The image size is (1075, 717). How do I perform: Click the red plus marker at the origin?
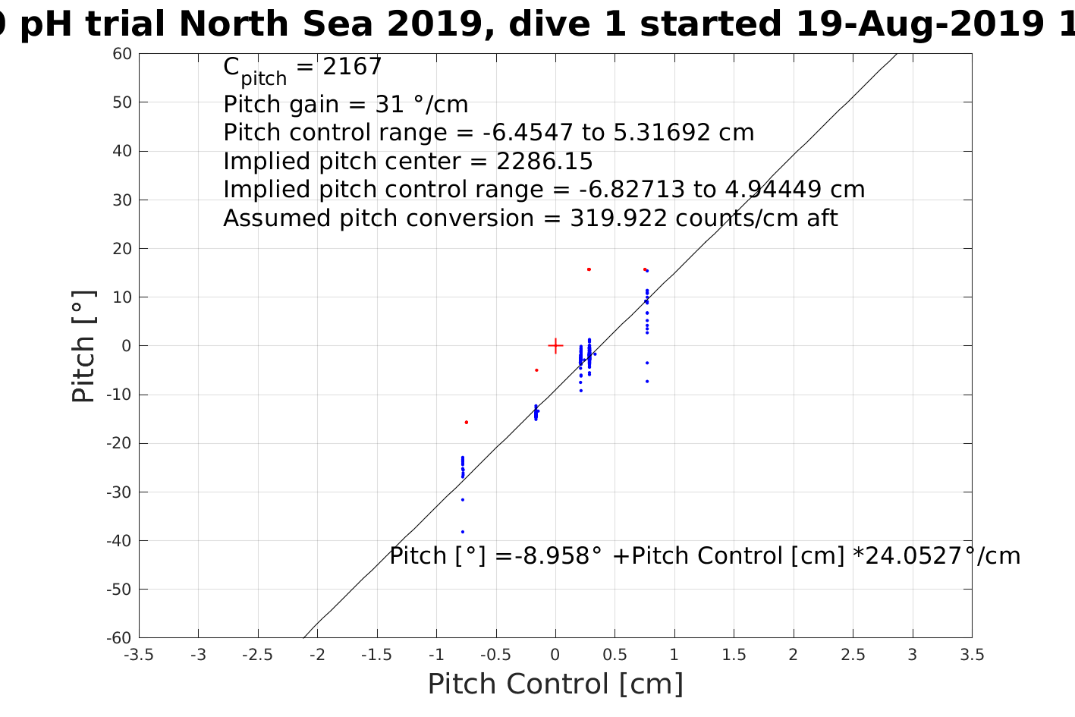pos(555,346)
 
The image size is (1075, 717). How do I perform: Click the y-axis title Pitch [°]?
pos(83,346)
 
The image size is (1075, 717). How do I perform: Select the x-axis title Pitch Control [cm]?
pos(555,684)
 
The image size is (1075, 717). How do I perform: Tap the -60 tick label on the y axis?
pos(118,638)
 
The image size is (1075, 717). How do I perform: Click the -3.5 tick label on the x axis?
pos(139,655)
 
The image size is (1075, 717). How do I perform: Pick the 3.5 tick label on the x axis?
pos(972,655)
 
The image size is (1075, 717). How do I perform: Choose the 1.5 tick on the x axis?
pos(734,655)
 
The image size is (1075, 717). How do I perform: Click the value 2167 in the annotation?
pos(352,68)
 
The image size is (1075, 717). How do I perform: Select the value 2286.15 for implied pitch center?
pos(544,162)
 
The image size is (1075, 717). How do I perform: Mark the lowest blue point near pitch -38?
pos(463,532)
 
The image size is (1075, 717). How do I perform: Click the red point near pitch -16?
pos(467,422)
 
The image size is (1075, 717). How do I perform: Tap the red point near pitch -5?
pos(536,370)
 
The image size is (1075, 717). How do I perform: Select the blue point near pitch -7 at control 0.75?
pos(647,382)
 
